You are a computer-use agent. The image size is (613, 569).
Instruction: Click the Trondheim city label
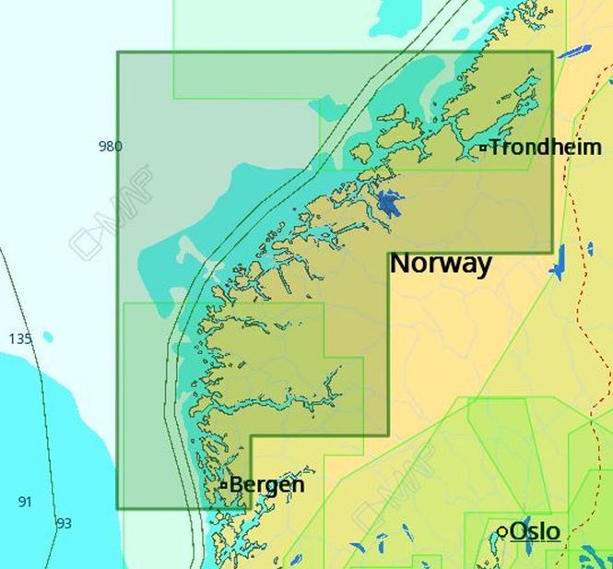coord(545,147)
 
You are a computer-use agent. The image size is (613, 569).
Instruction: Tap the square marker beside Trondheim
coord(482,148)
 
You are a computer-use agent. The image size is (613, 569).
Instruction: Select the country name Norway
coord(441,263)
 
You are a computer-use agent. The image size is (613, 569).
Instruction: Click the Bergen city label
coord(266,484)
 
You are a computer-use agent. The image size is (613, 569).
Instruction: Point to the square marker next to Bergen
coord(223,485)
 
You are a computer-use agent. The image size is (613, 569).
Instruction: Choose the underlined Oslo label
coord(535,531)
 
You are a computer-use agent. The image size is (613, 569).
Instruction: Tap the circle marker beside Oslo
coord(502,532)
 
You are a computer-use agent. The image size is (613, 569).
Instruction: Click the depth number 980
coord(110,146)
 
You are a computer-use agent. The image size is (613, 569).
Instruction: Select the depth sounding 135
coord(20,338)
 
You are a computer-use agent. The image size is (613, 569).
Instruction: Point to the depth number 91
coord(25,502)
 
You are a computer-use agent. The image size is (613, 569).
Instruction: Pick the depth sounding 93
coord(64,523)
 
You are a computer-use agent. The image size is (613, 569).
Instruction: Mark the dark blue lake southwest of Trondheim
coord(389,202)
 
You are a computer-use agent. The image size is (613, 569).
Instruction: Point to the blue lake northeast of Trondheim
coord(572,52)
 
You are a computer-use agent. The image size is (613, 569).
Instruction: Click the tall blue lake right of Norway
coord(557,263)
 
